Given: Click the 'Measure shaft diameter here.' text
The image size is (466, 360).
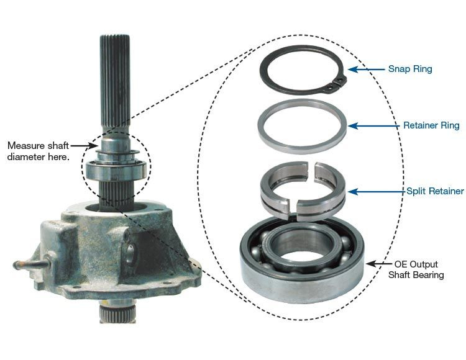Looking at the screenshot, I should (x=39, y=151).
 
